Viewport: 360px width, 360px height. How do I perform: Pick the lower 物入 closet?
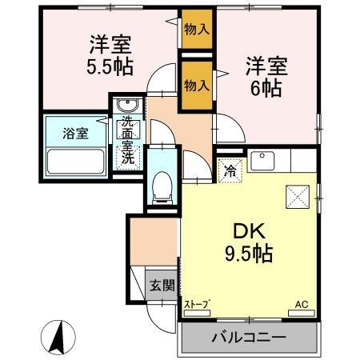(197, 85)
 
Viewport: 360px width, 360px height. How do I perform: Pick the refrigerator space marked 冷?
(230, 170)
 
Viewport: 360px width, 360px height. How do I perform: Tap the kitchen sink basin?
(264, 162)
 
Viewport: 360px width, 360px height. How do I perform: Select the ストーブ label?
(197, 305)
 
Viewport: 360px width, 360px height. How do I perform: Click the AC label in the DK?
(301, 305)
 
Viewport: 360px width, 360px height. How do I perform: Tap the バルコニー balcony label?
(248, 338)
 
